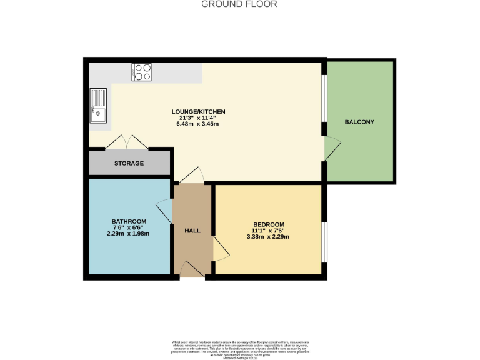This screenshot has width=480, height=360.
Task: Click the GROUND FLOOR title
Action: pyautogui.click(x=239, y=4)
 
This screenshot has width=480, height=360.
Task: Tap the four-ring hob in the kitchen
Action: pyautogui.click(x=142, y=72)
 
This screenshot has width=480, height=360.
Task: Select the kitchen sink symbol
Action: pyautogui.click(x=99, y=106)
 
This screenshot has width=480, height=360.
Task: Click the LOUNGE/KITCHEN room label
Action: pyautogui.click(x=198, y=112)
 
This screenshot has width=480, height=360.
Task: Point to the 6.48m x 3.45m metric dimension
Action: pyautogui.click(x=198, y=124)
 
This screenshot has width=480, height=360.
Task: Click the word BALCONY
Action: pyautogui.click(x=359, y=122)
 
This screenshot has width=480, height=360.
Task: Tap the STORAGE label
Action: pyautogui.click(x=129, y=164)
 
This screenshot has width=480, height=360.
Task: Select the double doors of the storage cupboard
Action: pyautogui.click(x=127, y=143)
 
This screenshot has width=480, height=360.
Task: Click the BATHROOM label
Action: pyautogui.click(x=129, y=222)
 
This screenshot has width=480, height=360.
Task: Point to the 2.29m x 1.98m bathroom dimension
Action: pyautogui.click(x=129, y=234)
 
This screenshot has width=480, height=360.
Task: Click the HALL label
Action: pyautogui.click(x=192, y=231)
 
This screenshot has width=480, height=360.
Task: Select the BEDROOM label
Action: pyautogui.click(x=269, y=225)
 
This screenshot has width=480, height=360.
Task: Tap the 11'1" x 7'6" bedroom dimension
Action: pyautogui.click(x=269, y=231)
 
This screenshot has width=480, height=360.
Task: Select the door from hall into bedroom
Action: pyautogui.click(x=221, y=248)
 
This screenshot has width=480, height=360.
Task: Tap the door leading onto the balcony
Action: pyautogui.click(x=331, y=149)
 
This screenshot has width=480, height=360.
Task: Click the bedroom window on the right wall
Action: pyautogui.click(x=324, y=242)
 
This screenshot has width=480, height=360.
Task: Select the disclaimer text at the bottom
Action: pyautogui.click(x=240, y=348)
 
